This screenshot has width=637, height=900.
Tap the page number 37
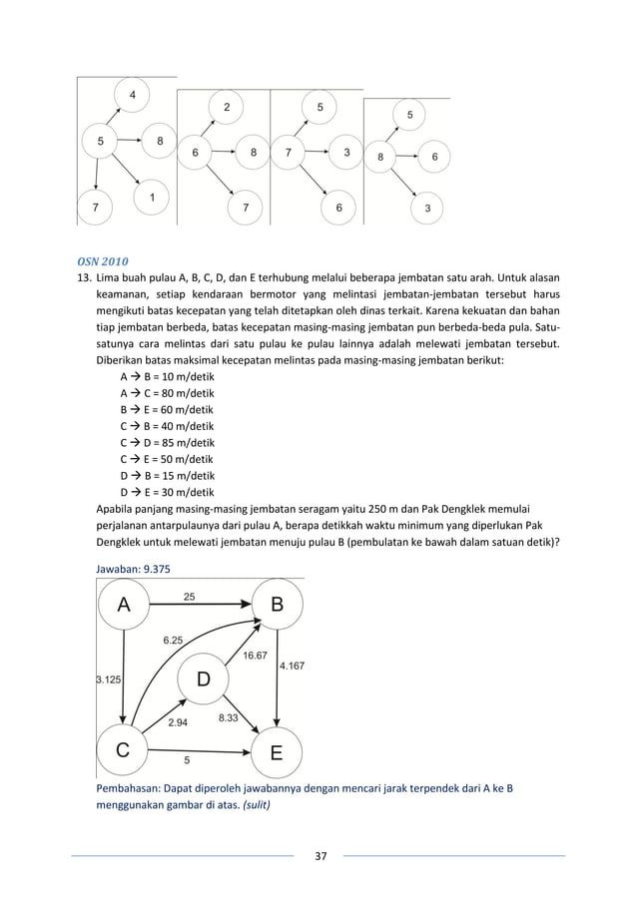coord(318,856)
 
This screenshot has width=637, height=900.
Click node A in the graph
coord(124,604)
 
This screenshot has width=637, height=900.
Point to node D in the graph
coord(203,679)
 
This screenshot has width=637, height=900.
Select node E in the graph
coord(276,754)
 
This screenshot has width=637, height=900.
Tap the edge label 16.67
coord(255,655)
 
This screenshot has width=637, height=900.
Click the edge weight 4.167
coord(293,666)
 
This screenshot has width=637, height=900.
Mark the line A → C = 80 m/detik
coord(167,394)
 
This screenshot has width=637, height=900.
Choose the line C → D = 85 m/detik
coord(167,442)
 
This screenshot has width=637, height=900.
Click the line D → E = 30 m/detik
coord(167,490)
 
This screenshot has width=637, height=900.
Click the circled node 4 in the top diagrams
coord(133,96)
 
